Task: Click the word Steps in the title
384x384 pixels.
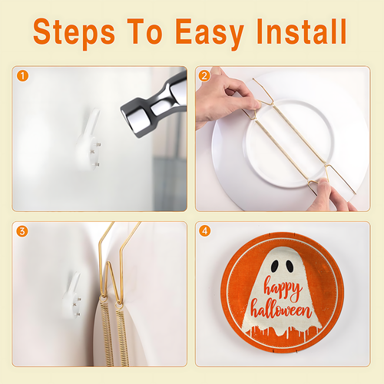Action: pos(74,33)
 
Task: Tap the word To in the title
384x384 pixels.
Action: pos(144,31)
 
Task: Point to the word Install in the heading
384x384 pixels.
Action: pos(302,31)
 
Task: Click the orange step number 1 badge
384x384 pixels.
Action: pos(22,76)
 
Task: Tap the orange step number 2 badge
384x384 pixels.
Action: pos(204,76)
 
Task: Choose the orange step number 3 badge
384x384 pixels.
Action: pos(22,231)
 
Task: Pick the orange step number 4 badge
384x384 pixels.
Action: pos(204,231)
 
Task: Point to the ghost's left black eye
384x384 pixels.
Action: pos(275,266)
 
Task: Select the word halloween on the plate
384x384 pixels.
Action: pos(281,310)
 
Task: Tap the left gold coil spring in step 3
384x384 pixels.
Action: pos(107,333)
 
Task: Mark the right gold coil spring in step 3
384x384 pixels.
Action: pos(122,336)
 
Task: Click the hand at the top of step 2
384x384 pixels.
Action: pos(225,98)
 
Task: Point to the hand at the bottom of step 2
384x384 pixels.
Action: pos(330,196)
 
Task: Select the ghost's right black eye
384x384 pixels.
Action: pos(290,266)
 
